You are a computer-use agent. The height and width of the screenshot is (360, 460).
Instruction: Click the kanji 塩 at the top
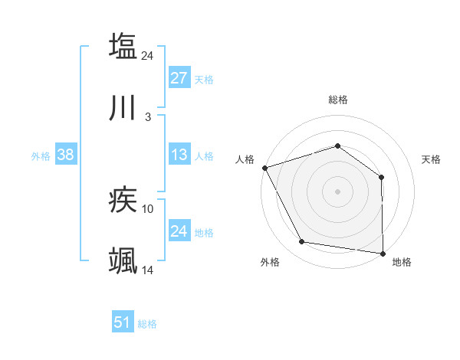[123, 46]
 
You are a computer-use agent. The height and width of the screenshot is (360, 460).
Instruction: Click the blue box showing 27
[179, 78]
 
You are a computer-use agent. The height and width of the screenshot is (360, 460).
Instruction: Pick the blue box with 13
[179, 155]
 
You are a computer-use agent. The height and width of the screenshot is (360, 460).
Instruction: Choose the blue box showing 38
[65, 155]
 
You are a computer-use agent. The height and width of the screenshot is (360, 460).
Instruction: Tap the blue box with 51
[123, 322]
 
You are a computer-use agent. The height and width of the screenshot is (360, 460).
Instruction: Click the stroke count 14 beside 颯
[148, 270]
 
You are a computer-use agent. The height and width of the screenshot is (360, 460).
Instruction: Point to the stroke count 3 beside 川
[148, 117]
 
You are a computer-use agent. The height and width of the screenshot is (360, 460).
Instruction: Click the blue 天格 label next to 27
[204, 79]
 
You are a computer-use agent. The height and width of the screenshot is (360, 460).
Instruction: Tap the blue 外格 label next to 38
[41, 155]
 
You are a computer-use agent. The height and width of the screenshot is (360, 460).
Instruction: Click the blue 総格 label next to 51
[147, 323]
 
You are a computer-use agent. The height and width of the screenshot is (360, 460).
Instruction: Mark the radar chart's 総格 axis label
[338, 100]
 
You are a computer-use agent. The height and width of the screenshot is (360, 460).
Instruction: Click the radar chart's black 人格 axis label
[245, 159]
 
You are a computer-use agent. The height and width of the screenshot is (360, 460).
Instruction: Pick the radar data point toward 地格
[383, 253]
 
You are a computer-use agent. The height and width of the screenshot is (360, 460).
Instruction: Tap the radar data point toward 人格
[264, 168]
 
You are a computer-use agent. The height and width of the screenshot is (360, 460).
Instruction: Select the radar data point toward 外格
[302, 242]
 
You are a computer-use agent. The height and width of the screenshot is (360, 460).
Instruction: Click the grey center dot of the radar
[337, 191]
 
